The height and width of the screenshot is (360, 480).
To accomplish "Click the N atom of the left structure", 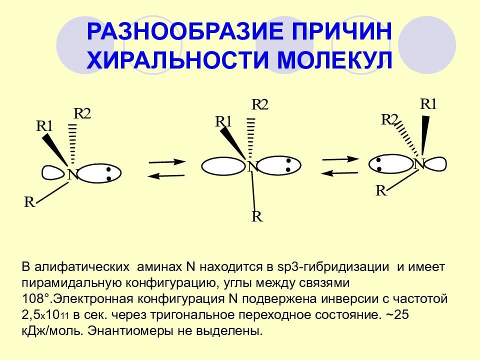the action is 73,175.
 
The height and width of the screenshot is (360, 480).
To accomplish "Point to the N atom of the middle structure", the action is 253,166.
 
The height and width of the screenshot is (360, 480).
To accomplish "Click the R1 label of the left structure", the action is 44,126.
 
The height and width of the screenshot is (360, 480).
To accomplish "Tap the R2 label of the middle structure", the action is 259,104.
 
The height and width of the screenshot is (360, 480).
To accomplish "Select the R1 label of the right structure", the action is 428,104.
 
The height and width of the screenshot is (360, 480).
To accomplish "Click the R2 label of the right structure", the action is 389,119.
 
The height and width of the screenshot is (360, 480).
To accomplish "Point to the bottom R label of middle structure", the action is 257,216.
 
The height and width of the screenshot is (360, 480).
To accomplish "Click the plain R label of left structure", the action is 30,202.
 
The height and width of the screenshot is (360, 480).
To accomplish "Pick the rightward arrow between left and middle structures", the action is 167,161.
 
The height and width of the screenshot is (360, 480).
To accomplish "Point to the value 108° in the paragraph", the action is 35,299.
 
